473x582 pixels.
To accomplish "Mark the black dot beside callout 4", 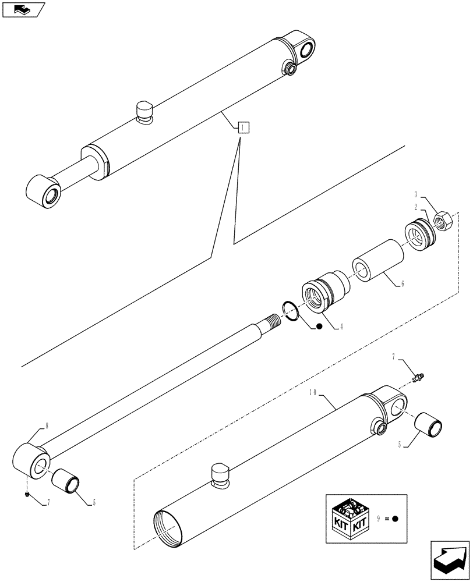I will (319, 327).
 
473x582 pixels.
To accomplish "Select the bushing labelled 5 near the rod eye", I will (65, 481).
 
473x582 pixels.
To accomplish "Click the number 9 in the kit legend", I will (378, 519).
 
